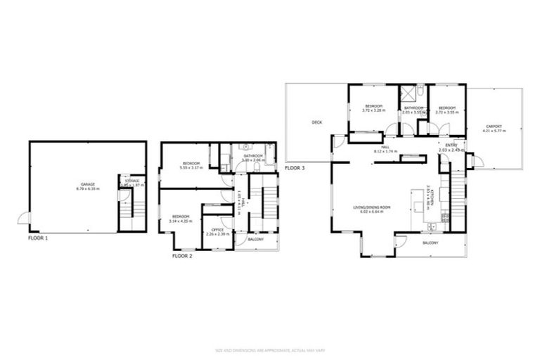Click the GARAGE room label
87,185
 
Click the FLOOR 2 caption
182,256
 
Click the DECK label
316,122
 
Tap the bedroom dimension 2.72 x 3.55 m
446,112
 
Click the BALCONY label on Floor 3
430,243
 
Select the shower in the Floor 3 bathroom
407,94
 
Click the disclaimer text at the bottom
270,349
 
